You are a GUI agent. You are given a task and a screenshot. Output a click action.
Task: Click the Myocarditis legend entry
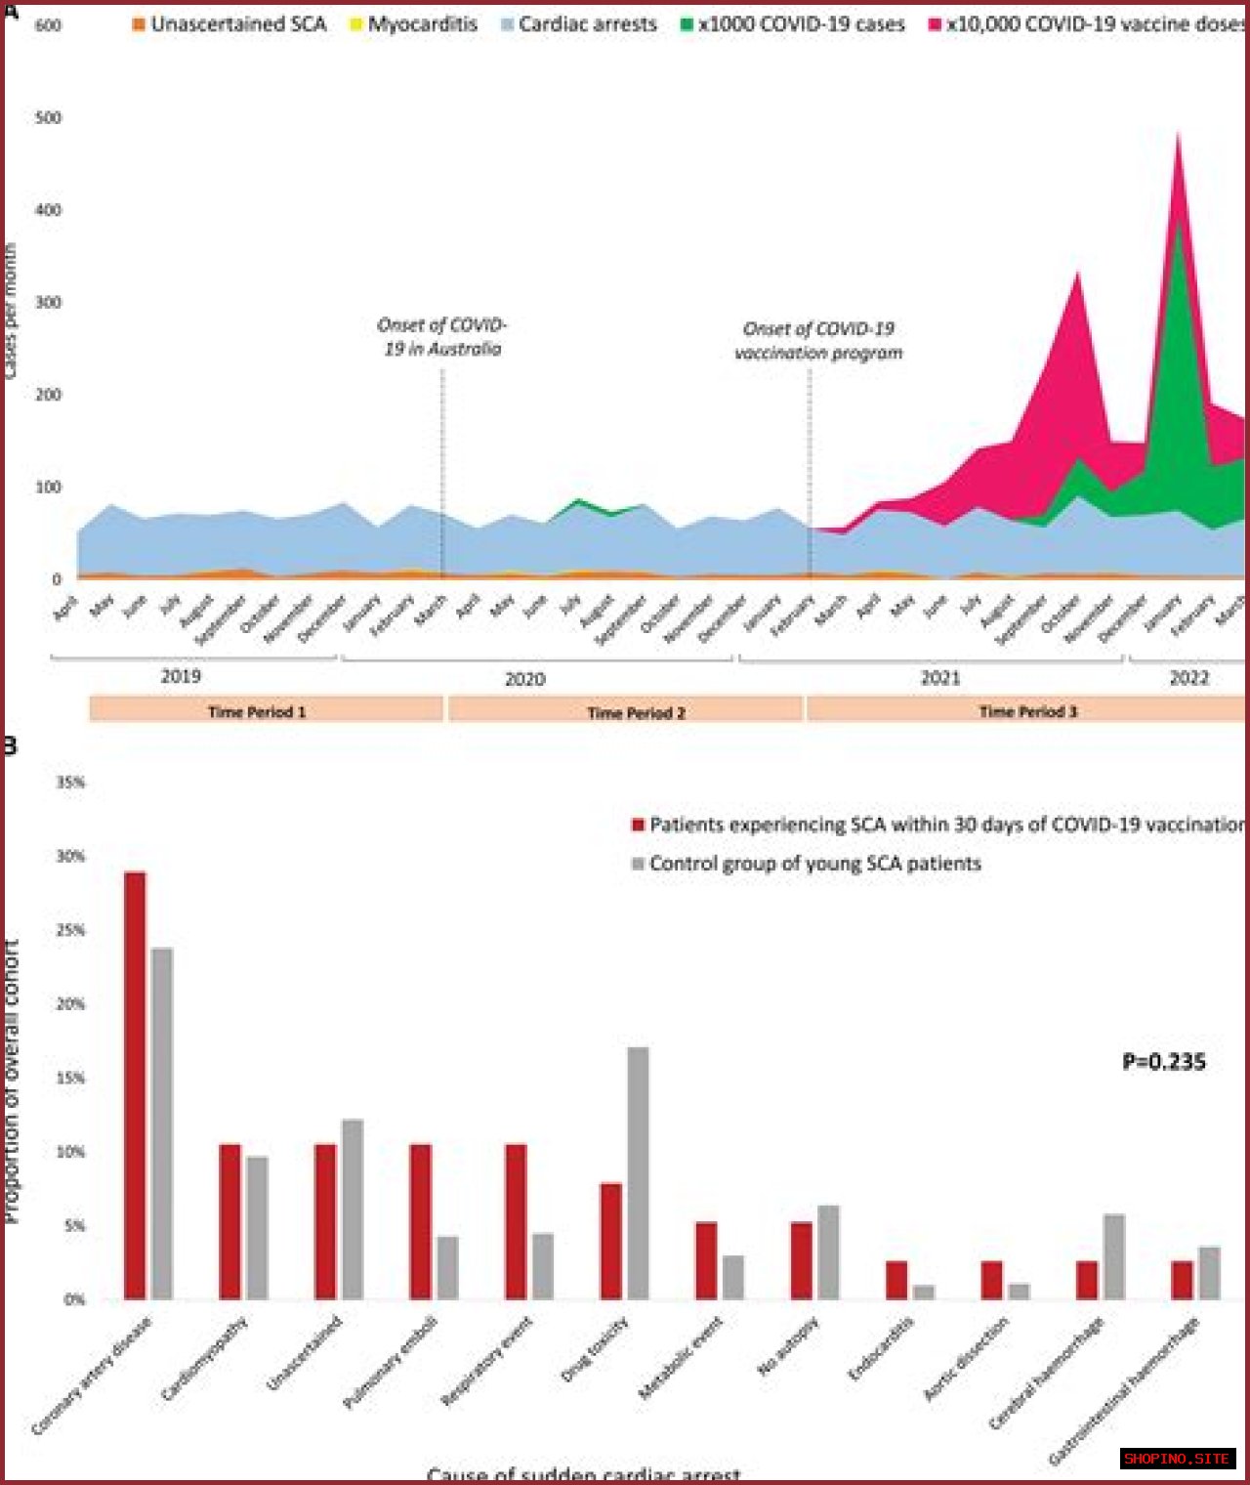click(x=414, y=24)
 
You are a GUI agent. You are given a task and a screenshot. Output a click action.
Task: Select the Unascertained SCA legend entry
click(x=229, y=24)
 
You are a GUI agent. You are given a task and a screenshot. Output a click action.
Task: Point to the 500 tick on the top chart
click(x=48, y=118)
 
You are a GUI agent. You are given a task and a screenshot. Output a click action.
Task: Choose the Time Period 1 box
click(x=266, y=711)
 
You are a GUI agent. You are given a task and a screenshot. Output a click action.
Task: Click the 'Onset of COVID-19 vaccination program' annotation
click(x=818, y=341)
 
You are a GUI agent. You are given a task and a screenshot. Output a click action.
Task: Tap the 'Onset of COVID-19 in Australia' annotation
click(x=441, y=337)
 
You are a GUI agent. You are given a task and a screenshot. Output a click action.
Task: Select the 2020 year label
click(x=524, y=679)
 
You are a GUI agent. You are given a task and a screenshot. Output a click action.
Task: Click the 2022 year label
click(x=1188, y=678)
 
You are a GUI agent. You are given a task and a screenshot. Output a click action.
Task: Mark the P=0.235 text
click(x=1164, y=1062)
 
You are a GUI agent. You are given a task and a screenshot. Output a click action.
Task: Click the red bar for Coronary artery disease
click(x=135, y=1084)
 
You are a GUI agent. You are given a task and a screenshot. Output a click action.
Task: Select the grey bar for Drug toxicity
click(x=638, y=1172)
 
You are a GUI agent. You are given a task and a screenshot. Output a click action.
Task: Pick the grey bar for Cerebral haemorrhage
click(x=1114, y=1256)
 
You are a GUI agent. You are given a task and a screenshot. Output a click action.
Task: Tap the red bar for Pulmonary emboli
click(x=421, y=1221)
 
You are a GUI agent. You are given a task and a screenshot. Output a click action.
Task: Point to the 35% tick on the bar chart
click(x=70, y=783)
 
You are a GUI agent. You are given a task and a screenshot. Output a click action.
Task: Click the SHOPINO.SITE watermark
click(x=1177, y=1459)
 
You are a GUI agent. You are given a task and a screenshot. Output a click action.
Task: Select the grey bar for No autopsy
click(x=828, y=1252)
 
